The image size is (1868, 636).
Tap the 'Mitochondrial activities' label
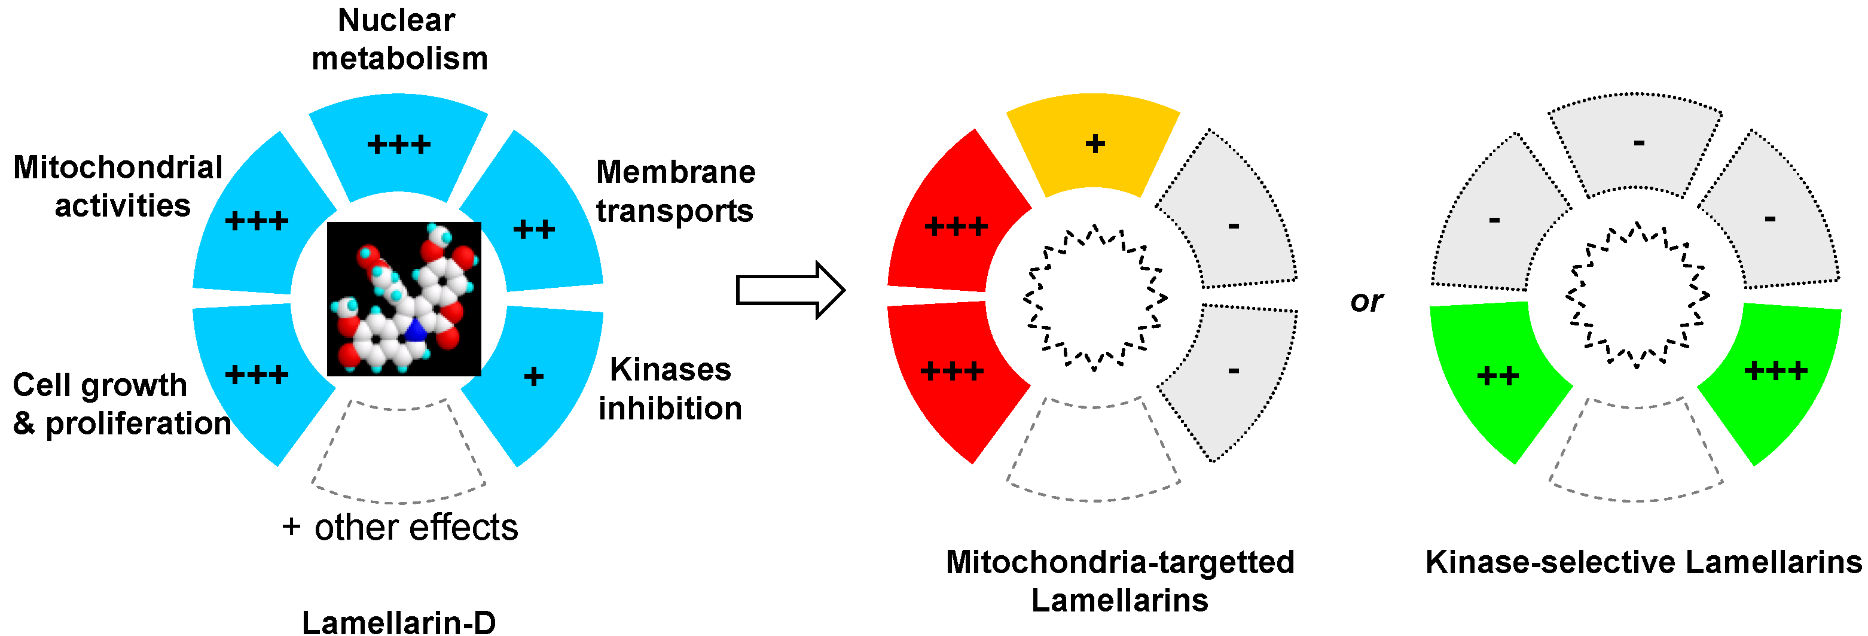click(118, 187)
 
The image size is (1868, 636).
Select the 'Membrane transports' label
click(675, 191)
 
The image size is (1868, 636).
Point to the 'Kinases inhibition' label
click(670, 389)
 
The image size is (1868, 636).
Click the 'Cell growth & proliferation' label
click(121, 404)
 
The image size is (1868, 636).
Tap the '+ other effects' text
click(400, 527)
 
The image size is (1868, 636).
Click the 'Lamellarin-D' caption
click(399, 622)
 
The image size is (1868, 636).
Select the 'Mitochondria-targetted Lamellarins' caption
click(1119, 581)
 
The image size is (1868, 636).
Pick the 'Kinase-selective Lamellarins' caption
click(1643, 562)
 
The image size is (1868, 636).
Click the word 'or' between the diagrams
click(1367, 301)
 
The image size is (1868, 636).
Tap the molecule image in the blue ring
click(404, 299)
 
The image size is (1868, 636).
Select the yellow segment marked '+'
click(1094, 145)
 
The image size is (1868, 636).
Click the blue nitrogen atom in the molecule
click(416, 331)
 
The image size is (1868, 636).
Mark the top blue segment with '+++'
click(398, 145)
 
